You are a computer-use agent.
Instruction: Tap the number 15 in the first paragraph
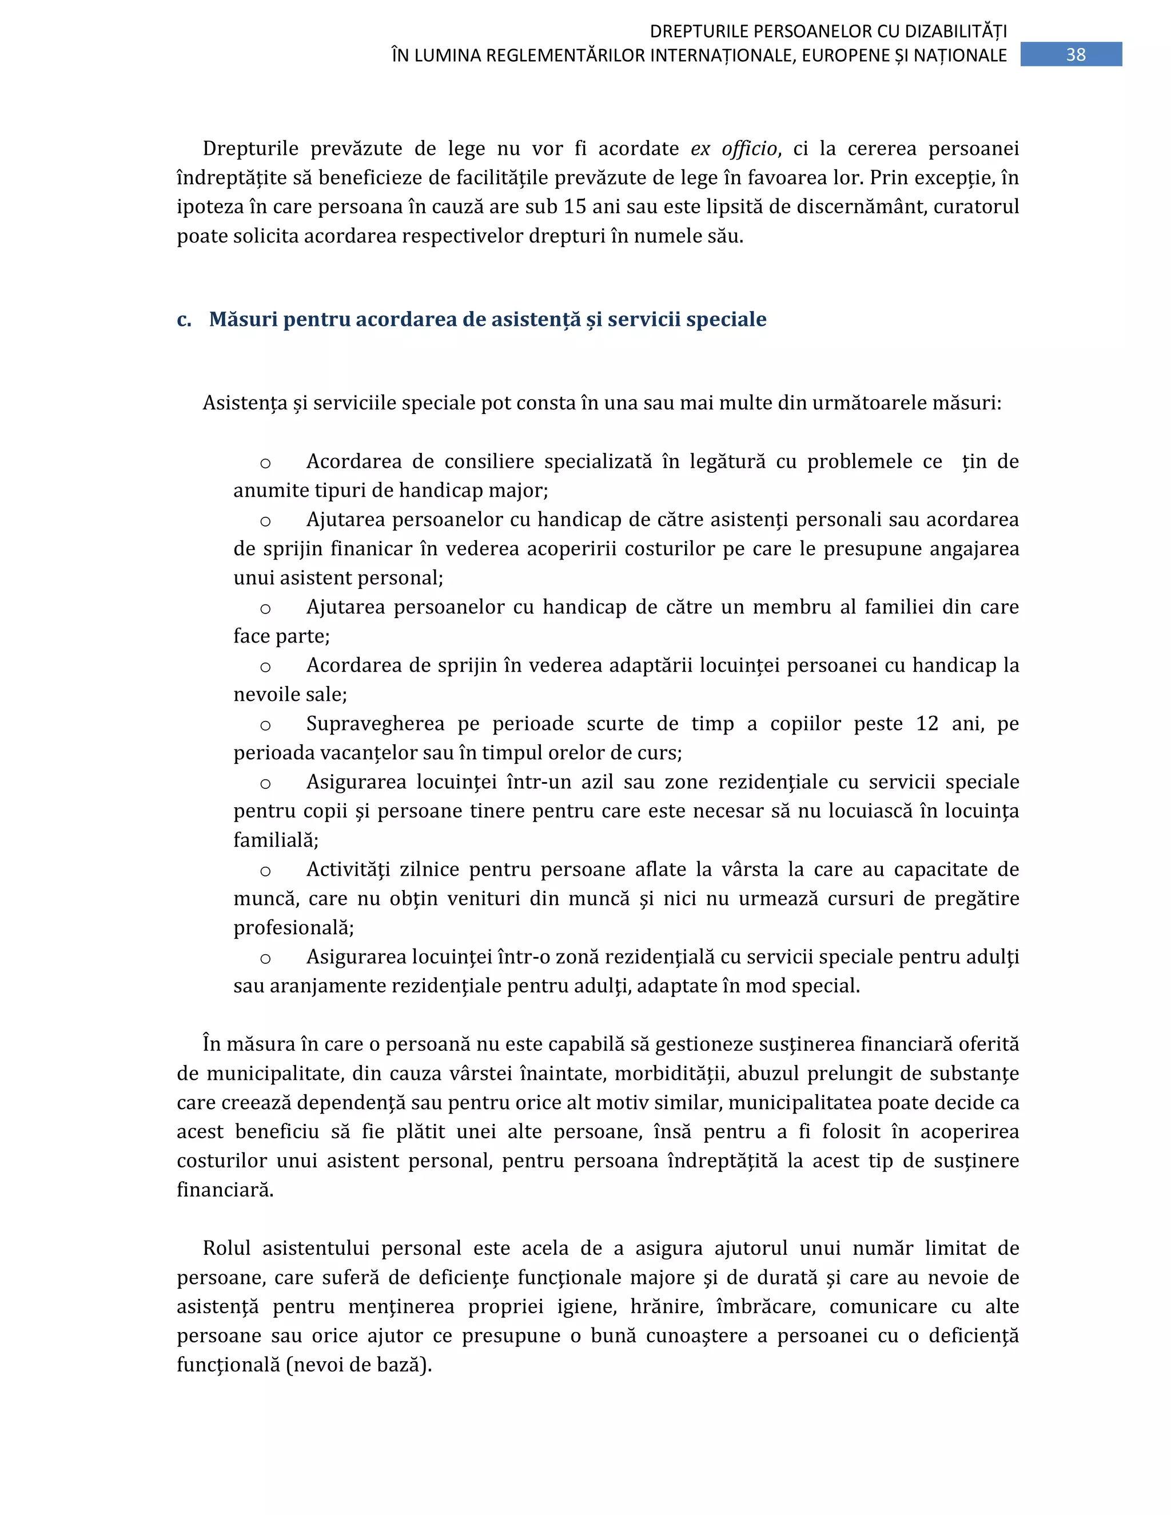575,207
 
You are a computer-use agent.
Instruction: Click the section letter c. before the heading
184,319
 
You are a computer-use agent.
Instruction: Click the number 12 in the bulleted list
927,724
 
